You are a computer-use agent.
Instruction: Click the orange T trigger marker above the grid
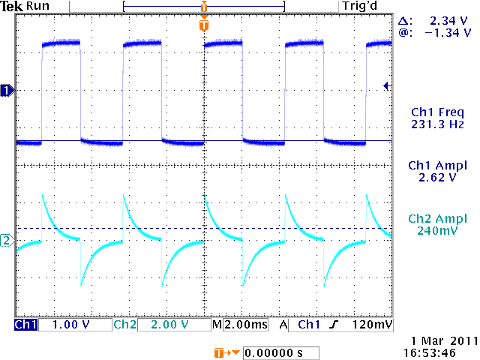203,25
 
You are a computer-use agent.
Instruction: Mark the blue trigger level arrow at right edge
387,86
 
